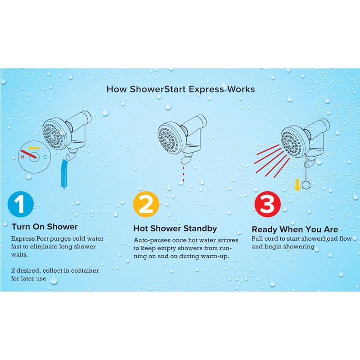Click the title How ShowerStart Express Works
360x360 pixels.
(180, 89)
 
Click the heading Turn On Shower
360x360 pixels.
(45, 226)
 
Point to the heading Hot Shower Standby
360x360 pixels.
(175, 228)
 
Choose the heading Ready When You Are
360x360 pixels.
(294, 229)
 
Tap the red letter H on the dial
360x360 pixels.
(22, 157)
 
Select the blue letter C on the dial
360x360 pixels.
(45, 157)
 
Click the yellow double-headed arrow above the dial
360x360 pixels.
(34, 148)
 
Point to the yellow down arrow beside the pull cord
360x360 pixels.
(297, 184)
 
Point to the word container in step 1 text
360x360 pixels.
(85, 271)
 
